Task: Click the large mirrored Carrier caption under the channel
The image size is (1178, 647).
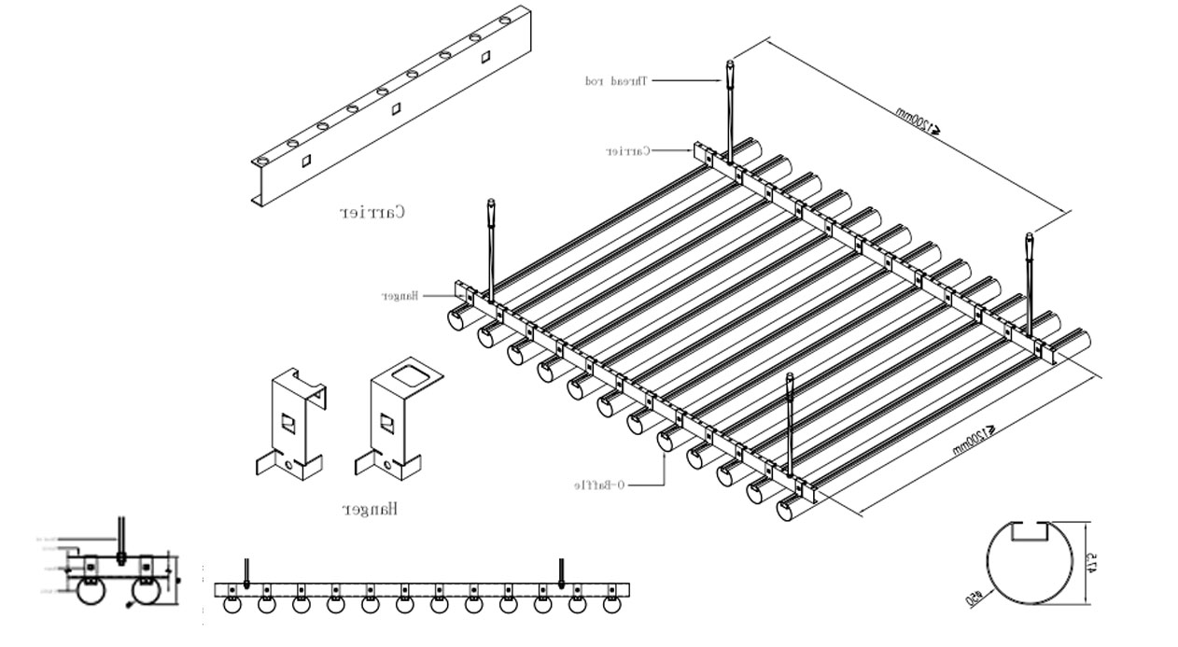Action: coord(372,212)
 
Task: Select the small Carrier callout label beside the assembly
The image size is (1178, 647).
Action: coord(627,150)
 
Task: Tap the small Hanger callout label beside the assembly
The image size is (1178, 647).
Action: coord(399,296)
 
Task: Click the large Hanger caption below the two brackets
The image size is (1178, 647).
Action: coord(371,509)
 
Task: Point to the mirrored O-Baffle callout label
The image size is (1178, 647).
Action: coord(599,485)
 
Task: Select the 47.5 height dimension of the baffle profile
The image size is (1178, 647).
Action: coord(1091,563)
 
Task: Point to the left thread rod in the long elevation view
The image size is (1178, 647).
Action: coord(246,571)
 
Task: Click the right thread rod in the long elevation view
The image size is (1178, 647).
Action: coord(562,571)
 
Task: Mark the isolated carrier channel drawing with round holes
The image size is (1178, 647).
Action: coord(392,107)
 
